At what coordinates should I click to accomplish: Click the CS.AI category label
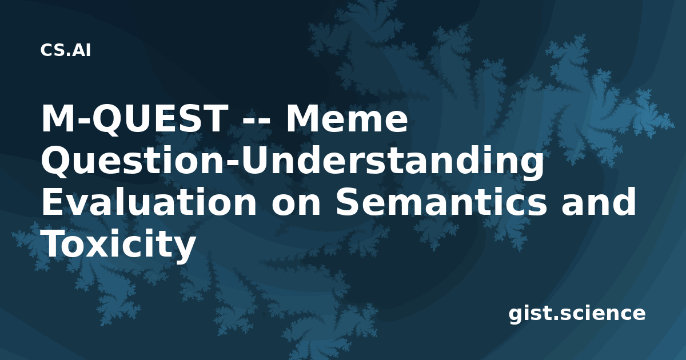(66, 50)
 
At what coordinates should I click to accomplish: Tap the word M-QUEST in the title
(135, 119)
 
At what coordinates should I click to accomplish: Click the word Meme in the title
(346, 118)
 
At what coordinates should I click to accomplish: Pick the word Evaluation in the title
(149, 201)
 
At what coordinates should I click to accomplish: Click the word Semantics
(441, 201)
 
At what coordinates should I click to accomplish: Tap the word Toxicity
(119, 244)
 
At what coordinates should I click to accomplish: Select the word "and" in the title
(599, 201)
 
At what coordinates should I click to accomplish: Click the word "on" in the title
(296, 205)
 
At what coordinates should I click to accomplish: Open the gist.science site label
(577, 314)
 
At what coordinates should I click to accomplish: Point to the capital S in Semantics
(349, 201)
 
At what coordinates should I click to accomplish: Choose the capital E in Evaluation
(54, 201)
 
